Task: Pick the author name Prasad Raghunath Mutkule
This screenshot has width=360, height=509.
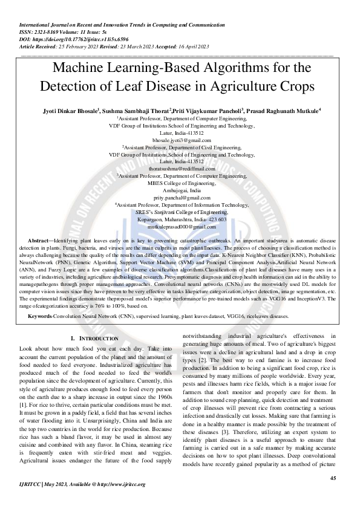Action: pyautogui.click(x=283, y=111)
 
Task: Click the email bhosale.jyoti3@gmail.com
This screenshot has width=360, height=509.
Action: pyautogui.click(x=180, y=140)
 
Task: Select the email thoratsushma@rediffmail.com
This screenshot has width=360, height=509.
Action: pyautogui.click(x=180, y=169)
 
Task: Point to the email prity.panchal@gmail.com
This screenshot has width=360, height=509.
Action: pyautogui.click(x=180, y=198)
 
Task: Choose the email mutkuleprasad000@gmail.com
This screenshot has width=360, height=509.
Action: pyautogui.click(x=180, y=226)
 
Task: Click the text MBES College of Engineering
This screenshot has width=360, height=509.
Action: pyautogui.click(x=180, y=183)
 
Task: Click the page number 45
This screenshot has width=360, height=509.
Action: pyautogui.click(x=333, y=478)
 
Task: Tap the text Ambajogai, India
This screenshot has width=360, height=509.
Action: pyautogui.click(x=180, y=190)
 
